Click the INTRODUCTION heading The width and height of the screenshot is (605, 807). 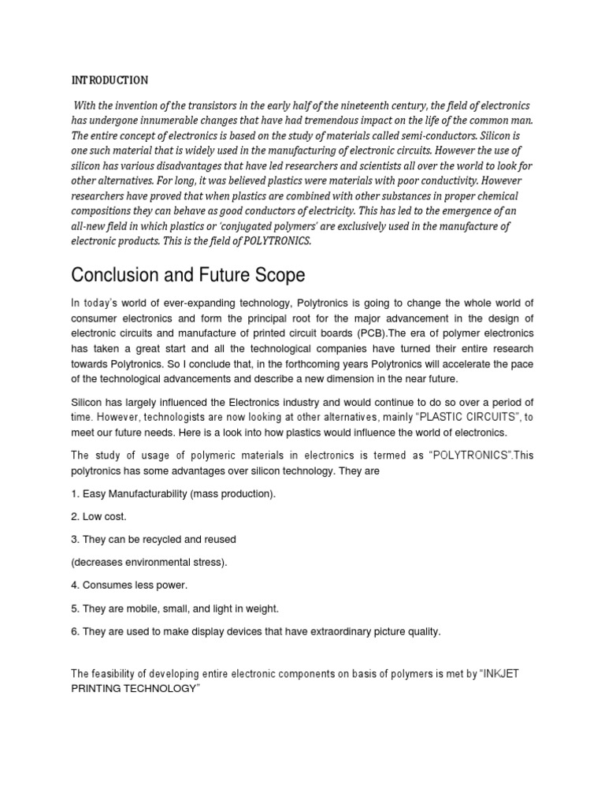click(109, 80)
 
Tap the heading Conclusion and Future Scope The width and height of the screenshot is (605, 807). click(187, 276)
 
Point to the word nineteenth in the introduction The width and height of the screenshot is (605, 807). click(404, 106)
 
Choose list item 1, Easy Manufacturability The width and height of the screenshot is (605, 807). click(173, 493)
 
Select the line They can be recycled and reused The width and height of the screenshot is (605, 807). click(154, 539)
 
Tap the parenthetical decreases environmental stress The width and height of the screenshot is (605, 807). click(149, 562)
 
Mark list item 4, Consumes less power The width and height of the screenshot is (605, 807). click(129, 585)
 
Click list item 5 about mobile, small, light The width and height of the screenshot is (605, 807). click(175, 608)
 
